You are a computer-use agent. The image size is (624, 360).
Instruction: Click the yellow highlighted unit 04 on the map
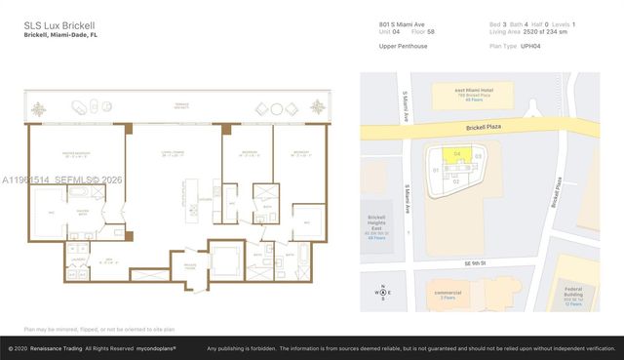(x=457, y=153)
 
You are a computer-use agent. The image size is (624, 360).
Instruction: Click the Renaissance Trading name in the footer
(x=63, y=348)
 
